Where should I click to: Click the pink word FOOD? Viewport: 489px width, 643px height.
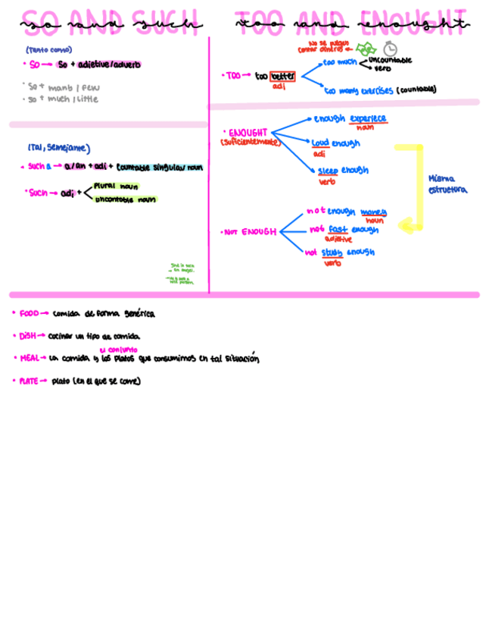(x=29, y=313)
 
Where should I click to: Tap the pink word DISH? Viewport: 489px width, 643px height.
(x=27, y=336)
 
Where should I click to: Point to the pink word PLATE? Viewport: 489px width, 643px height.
(x=29, y=381)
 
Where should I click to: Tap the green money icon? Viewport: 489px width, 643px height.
(x=366, y=49)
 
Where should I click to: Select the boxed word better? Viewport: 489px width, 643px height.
(x=282, y=76)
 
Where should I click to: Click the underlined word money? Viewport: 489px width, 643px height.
(x=373, y=212)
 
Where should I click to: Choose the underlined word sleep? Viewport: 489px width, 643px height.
(x=328, y=171)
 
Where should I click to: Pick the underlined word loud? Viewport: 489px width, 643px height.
(x=319, y=143)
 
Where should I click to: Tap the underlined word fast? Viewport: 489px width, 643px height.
(x=338, y=230)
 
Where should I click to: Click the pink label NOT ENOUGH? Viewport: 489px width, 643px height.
(x=250, y=232)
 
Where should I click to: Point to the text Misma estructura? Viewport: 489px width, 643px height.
(x=447, y=184)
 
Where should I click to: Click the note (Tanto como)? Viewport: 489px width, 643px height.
(x=48, y=50)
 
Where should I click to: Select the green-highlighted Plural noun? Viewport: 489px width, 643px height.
(x=116, y=185)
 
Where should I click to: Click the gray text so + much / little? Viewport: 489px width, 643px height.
(x=63, y=99)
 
